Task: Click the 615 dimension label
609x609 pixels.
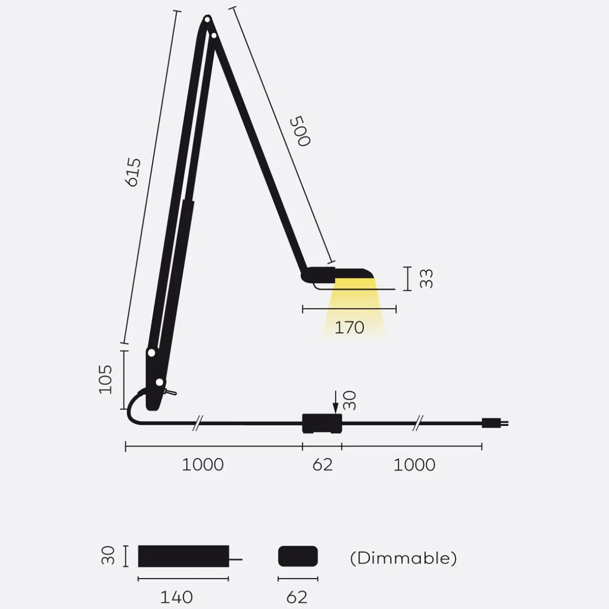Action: [133, 172]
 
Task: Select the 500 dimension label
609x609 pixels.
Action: [300, 131]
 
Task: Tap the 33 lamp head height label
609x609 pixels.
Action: [427, 278]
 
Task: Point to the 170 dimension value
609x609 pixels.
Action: [349, 328]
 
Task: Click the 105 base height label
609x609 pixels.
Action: [106, 379]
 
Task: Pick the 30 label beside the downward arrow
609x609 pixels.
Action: [350, 401]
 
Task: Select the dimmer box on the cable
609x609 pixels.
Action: [322, 423]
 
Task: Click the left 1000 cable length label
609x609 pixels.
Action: [203, 465]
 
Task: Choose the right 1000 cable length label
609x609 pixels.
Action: [414, 465]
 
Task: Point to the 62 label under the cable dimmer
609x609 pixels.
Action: [322, 465]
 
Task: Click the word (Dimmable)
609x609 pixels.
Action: [403, 558]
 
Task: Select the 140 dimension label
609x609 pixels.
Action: [176, 597]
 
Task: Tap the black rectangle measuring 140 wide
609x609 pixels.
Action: [183, 556]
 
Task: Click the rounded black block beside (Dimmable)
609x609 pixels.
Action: [298, 556]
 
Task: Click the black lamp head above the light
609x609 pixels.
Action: [339, 273]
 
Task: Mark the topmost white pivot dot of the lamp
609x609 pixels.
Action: [207, 20]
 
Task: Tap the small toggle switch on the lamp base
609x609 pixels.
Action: [171, 392]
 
